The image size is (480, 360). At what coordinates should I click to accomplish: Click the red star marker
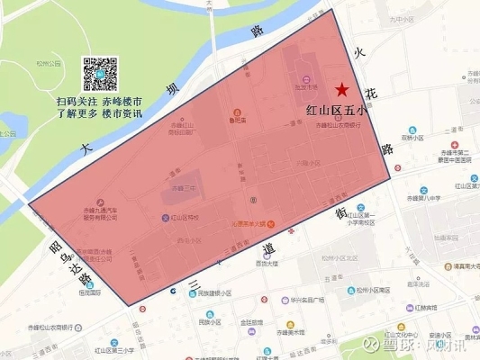click(x=341, y=89)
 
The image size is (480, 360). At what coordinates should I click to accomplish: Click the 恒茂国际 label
click(x=89, y=290)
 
